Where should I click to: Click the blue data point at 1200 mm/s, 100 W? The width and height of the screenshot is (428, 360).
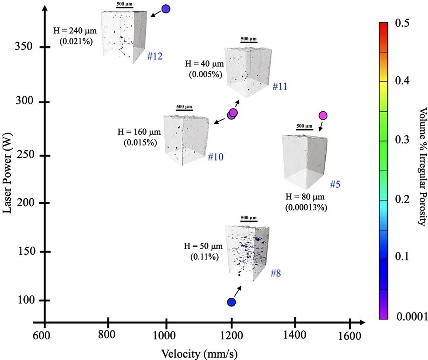click(231, 302)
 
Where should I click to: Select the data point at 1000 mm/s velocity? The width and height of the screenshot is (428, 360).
click(166, 9)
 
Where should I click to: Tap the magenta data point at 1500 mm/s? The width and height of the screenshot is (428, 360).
click(323, 115)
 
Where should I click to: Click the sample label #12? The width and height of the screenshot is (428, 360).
click(155, 56)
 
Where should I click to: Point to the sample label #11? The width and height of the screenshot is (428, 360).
click(279, 86)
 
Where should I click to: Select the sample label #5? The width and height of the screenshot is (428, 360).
click(334, 184)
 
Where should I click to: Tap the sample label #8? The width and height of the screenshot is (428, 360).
click(277, 273)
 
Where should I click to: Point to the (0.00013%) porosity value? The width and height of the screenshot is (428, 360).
click(306, 207)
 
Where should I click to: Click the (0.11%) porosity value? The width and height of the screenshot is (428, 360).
click(204, 257)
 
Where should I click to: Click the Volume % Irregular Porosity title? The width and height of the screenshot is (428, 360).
click(423, 166)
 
